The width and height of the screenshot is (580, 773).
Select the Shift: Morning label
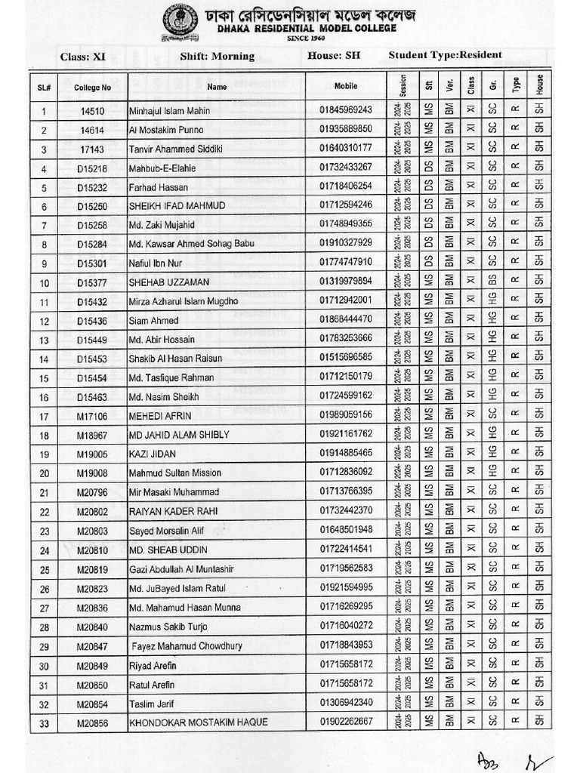217,57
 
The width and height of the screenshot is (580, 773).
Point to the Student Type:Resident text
445,55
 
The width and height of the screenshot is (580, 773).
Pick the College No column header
93,88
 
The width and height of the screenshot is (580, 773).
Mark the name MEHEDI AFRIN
160,416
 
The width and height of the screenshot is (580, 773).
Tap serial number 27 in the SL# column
45,608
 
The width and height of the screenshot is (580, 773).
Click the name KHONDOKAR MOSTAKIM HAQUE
199,722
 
